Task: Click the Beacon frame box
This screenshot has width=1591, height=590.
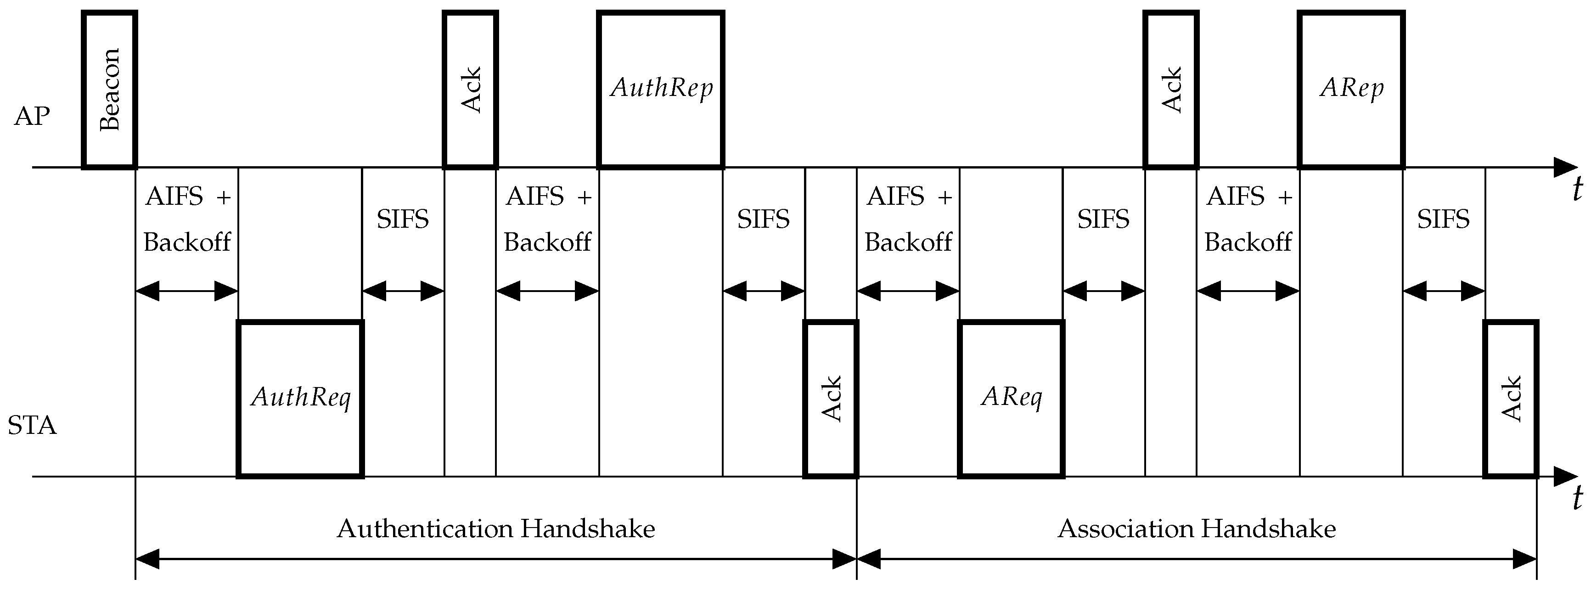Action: [x=109, y=90]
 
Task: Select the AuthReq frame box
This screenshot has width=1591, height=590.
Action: [x=300, y=399]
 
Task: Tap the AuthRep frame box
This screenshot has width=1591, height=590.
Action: [x=661, y=90]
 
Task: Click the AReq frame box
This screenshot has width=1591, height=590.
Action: [x=1011, y=399]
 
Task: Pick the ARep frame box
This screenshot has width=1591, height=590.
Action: [x=1351, y=90]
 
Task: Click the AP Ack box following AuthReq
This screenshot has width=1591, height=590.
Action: [x=471, y=90]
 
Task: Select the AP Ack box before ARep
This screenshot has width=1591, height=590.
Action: [x=1171, y=90]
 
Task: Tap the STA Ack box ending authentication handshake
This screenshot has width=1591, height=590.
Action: [x=831, y=399]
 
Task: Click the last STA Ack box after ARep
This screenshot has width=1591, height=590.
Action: [x=1511, y=399]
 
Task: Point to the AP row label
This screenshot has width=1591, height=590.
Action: [x=32, y=116]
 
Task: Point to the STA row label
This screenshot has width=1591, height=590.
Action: [x=32, y=426]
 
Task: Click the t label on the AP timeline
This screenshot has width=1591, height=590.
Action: [x=1577, y=189]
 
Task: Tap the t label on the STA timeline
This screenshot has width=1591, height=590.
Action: [x=1577, y=498]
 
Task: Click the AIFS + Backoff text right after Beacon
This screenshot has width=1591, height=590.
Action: [x=187, y=219]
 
